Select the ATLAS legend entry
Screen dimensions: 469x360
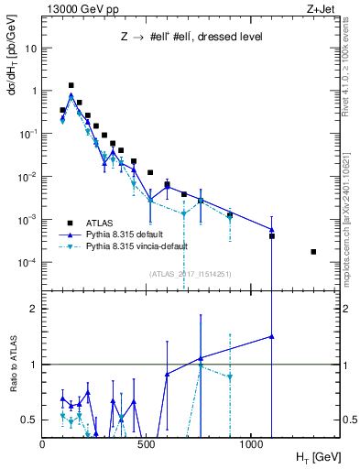click(101, 222)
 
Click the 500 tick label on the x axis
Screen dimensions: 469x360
click(147, 444)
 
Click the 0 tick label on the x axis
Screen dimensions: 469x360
click(43, 444)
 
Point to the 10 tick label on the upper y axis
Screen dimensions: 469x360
click(30, 49)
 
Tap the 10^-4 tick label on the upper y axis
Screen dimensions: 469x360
click(27, 263)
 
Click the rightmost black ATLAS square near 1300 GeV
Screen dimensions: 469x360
click(313, 252)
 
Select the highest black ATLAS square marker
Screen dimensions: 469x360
click(71, 85)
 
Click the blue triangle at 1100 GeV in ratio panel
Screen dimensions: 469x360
click(272, 336)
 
